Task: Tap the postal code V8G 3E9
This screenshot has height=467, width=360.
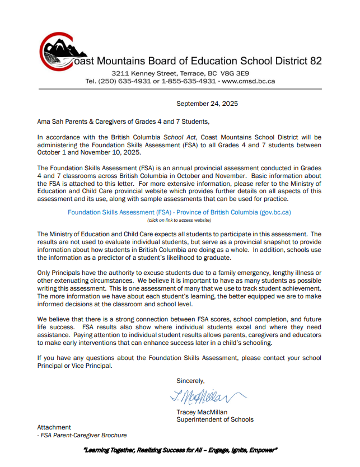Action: point(237,73)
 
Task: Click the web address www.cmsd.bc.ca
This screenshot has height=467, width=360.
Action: point(248,81)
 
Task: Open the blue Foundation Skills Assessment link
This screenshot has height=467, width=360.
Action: point(179,213)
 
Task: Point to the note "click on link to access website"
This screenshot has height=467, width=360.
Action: point(179,221)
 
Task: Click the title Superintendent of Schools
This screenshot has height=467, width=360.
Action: point(215,419)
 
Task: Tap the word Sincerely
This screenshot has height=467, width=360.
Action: point(191,381)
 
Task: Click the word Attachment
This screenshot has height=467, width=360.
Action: point(54,427)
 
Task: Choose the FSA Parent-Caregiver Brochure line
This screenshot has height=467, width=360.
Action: point(82,435)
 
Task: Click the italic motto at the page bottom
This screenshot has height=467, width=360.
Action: point(180,450)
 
